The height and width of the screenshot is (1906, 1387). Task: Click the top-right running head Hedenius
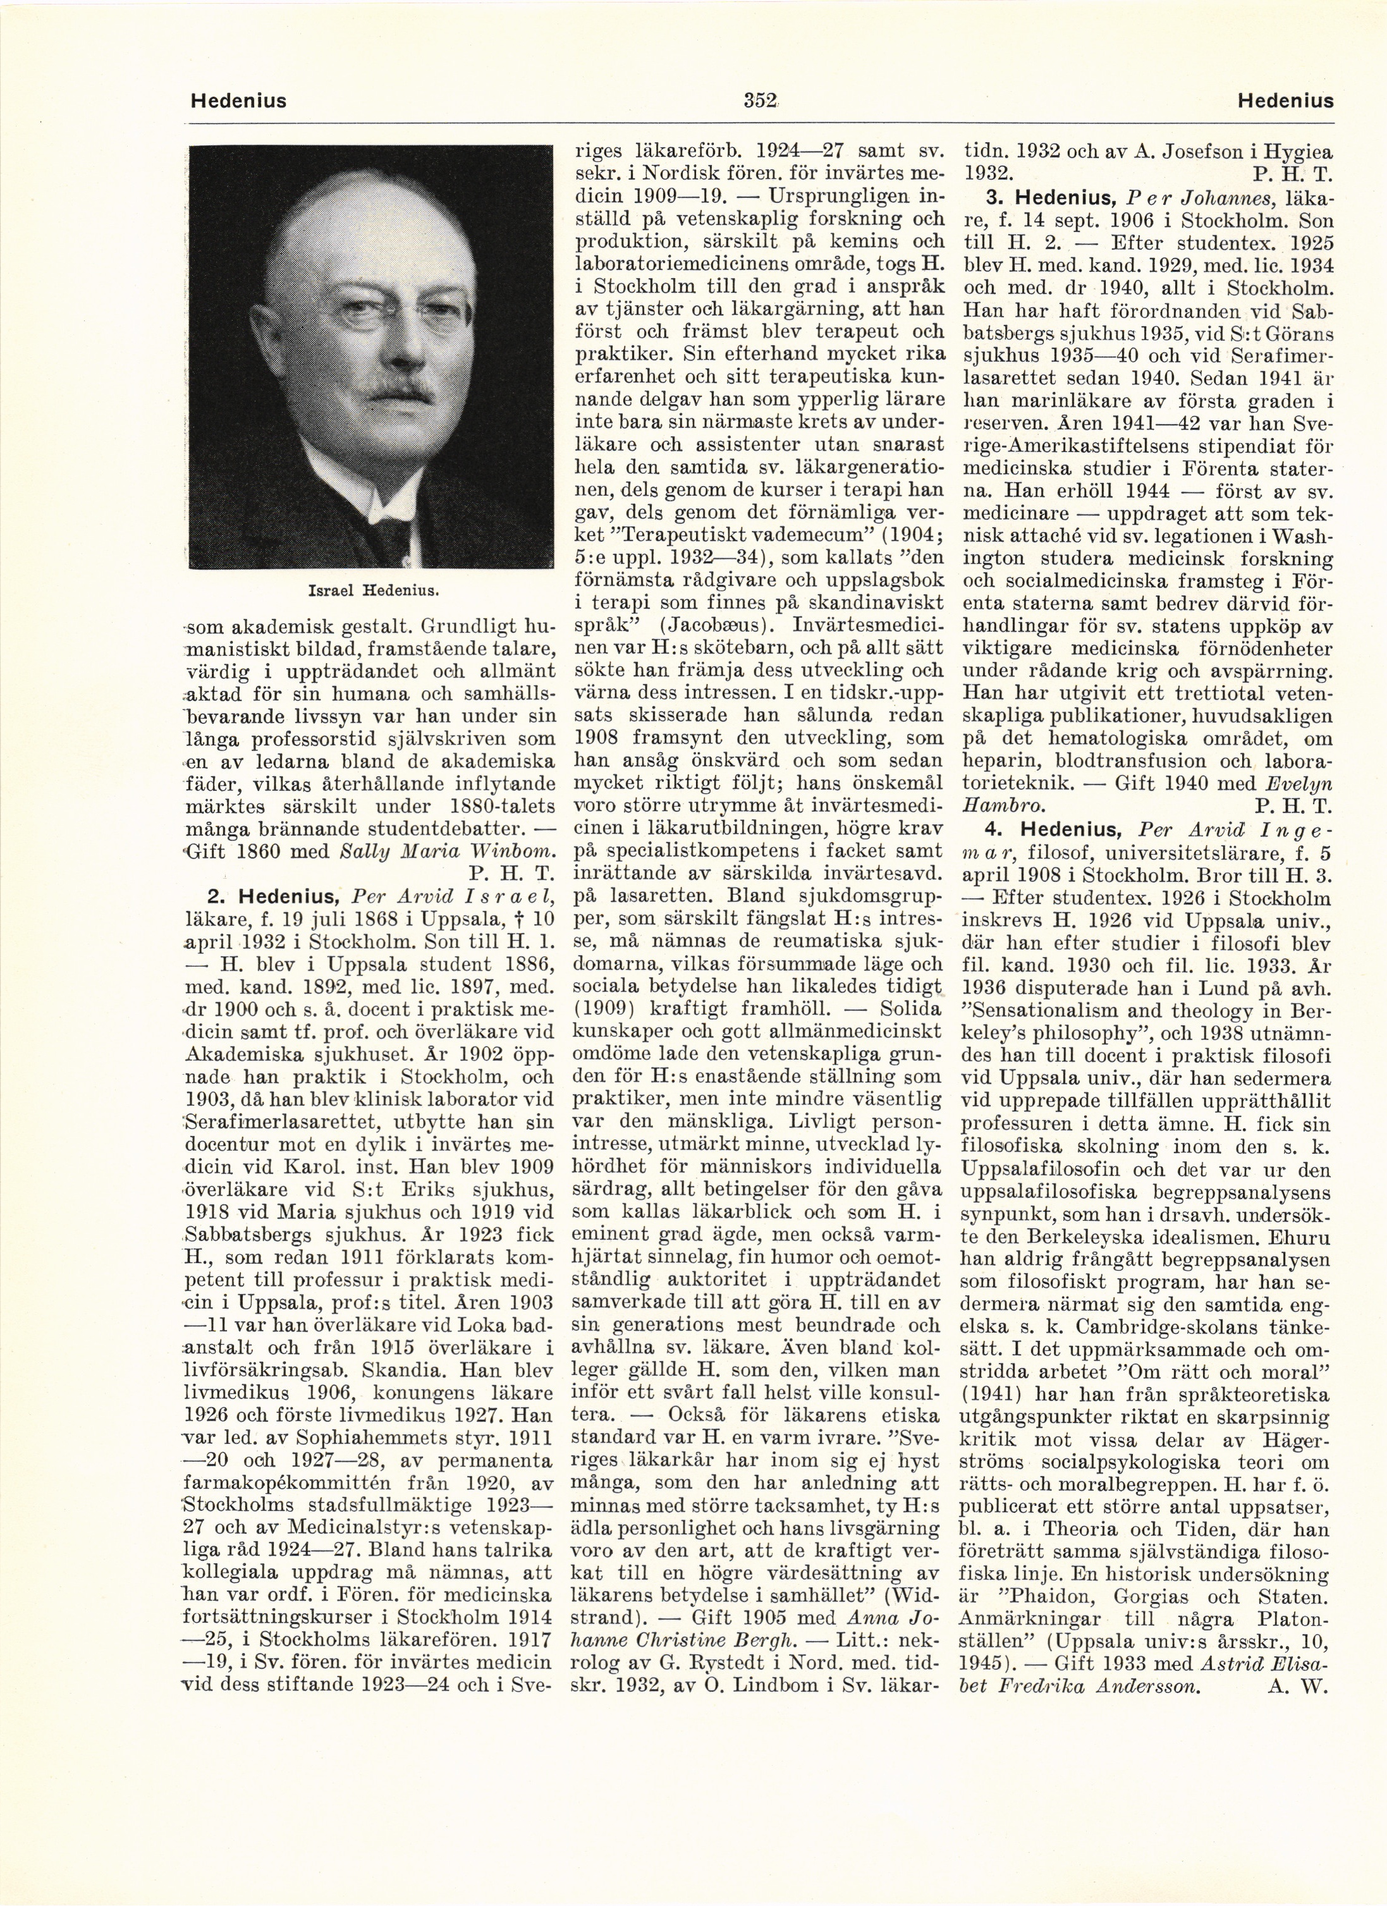pyautogui.click(x=1285, y=102)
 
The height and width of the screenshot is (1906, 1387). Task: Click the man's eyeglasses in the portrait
pyautogui.click(x=393, y=320)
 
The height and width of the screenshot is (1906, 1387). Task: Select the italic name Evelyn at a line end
pyautogui.click(x=1297, y=784)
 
